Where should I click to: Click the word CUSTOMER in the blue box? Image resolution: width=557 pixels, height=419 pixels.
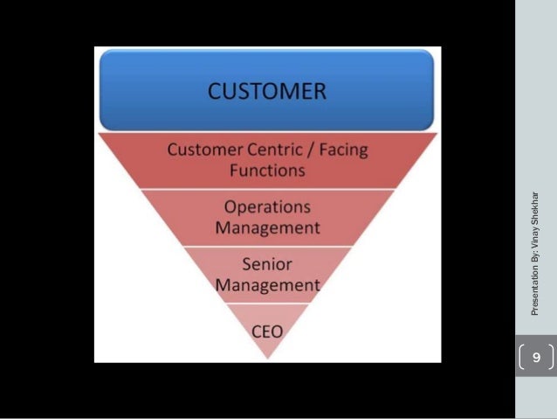pyautogui.click(x=267, y=91)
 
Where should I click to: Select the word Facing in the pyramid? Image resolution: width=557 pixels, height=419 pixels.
pyautogui.click(x=340, y=150)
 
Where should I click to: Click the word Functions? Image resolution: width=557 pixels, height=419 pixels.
pyautogui.click(x=267, y=170)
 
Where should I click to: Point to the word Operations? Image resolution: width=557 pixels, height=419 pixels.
pyautogui.click(x=267, y=208)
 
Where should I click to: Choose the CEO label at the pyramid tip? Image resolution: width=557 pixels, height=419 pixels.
pyautogui.click(x=267, y=332)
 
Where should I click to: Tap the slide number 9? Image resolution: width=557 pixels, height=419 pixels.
pyautogui.click(x=536, y=358)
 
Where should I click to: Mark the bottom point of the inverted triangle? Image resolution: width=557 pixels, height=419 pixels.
pyautogui.click(x=268, y=358)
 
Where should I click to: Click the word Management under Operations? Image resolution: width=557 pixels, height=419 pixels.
pyautogui.click(x=267, y=228)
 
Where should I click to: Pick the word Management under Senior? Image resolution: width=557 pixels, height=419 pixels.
pyautogui.click(x=267, y=285)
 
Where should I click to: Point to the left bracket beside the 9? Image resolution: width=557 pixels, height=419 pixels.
pyautogui.click(x=522, y=358)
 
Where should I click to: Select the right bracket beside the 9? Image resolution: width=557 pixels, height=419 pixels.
pyautogui.click(x=551, y=358)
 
